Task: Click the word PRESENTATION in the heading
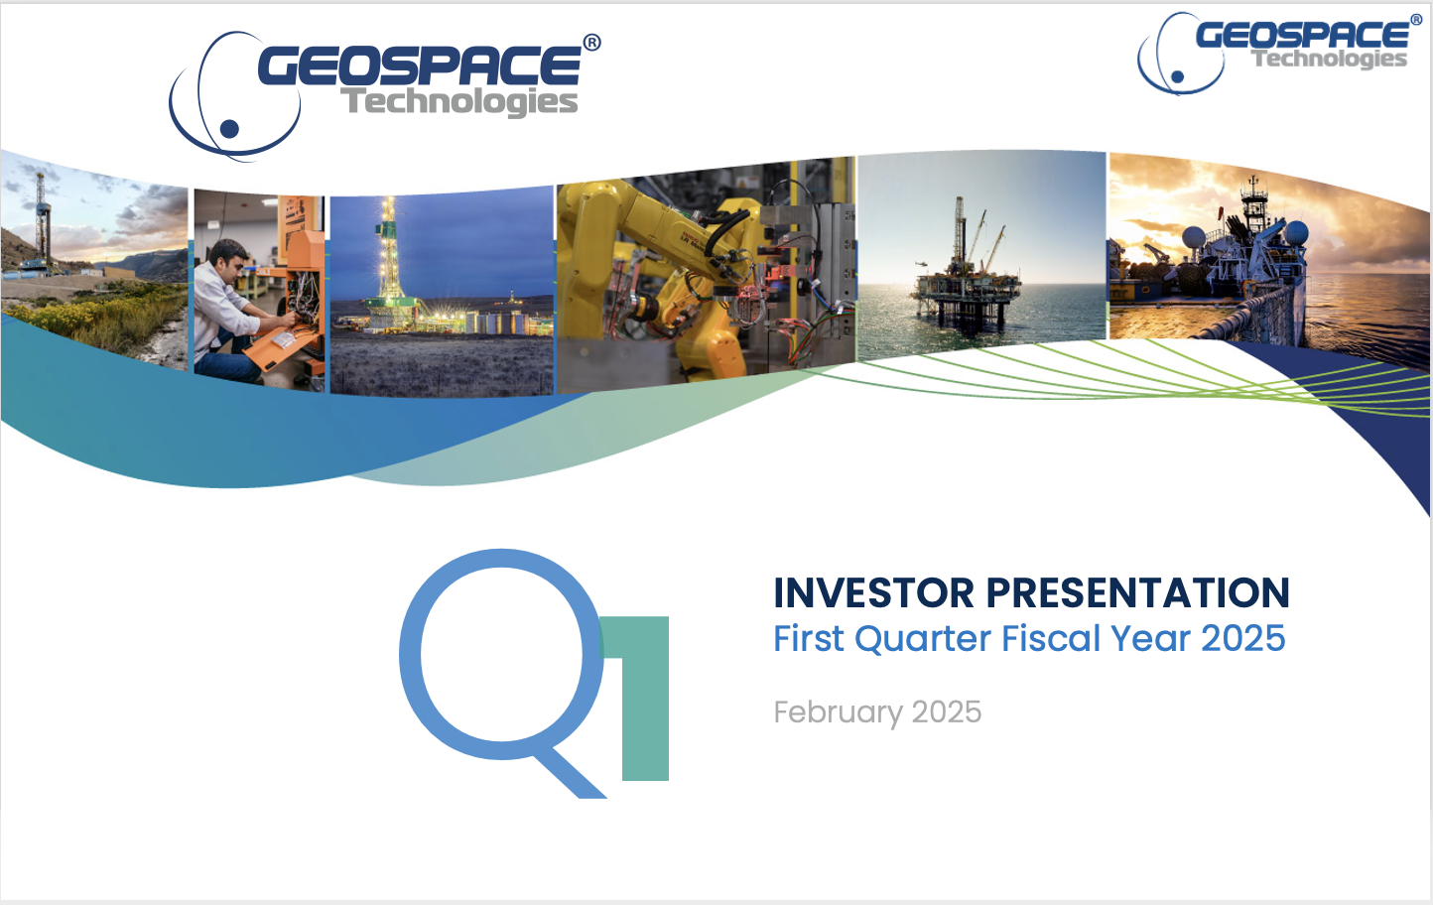pyautogui.click(x=1138, y=592)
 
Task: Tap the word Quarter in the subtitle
pyautogui.click(x=923, y=638)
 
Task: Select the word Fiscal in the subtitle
pyautogui.click(x=1051, y=638)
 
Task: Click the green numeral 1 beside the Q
pyautogui.click(x=642, y=699)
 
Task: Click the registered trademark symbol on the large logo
pyautogui.click(x=591, y=43)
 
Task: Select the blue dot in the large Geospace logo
pyautogui.click(x=229, y=129)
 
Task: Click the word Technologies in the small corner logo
pyautogui.click(x=1330, y=59)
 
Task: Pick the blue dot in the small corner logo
pyautogui.click(x=1177, y=76)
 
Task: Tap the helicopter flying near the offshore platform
pyautogui.click(x=921, y=263)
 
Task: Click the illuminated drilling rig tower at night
pyautogui.click(x=388, y=256)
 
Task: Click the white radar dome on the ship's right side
pyautogui.click(x=1296, y=233)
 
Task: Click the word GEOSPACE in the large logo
pyautogui.click(x=420, y=65)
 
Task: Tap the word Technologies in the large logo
pyautogui.click(x=458, y=101)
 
